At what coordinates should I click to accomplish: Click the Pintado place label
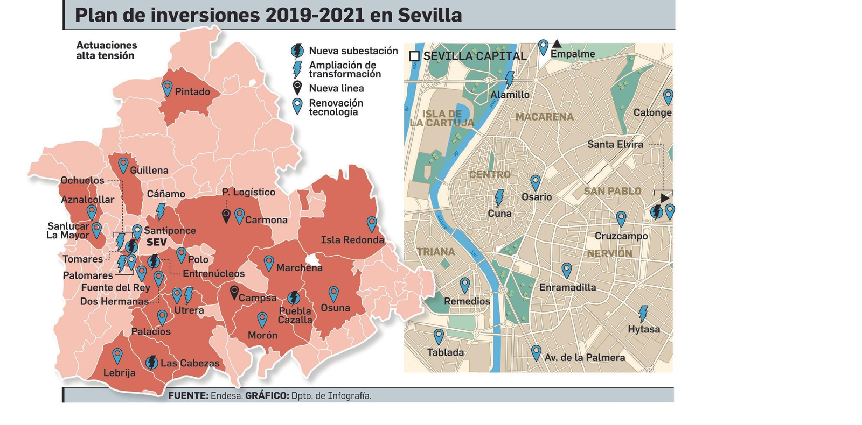[x=192, y=92]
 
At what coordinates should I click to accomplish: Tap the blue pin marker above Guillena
[x=123, y=165]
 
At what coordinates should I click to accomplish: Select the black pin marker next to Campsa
[x=234, y=292]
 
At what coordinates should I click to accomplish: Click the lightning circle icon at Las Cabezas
[x=152, y=363]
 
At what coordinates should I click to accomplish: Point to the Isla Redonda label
[x=352, y=240]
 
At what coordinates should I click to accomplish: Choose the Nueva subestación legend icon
[x=297, y=51]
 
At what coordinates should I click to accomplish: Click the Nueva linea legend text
[x=336, y=88]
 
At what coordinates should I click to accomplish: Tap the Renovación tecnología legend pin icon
[x=297, y=105]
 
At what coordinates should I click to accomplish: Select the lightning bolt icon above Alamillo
[x=509, y=80]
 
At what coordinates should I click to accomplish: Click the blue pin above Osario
[x=535, y=182]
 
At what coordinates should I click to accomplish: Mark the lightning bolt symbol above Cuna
[x=499, y=198]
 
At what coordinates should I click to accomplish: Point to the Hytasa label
[x=644, y=329]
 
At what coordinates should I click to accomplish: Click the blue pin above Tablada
[x=439, y=336]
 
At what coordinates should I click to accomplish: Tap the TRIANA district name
[x=436, y=252]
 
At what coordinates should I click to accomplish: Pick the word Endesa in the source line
[x=226, y=396]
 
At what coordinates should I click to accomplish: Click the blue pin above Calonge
[x=668, y=96]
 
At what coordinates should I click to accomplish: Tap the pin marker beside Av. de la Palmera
[x=536, y=352]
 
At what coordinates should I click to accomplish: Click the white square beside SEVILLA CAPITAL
[x=414, y=56]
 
